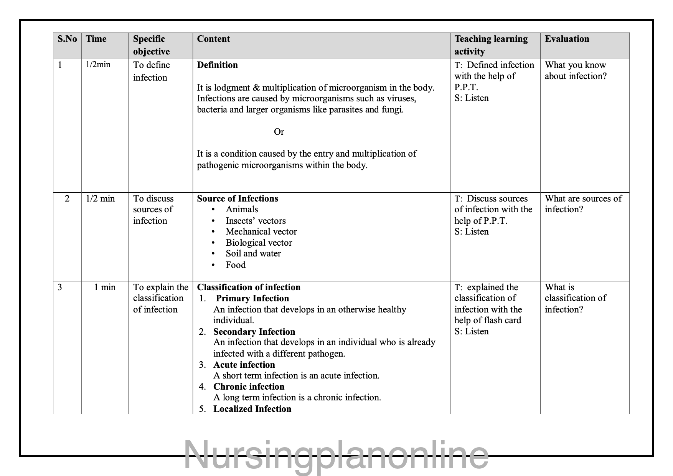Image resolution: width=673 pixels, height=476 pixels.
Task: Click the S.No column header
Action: pos(67,39)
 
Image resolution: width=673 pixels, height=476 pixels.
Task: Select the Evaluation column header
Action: pos(567,39)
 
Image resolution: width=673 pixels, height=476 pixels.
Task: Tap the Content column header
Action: pos(213,39)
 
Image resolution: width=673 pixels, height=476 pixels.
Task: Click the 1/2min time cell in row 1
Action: pos(98,64)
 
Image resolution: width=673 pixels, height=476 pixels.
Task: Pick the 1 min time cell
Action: pos(105,287)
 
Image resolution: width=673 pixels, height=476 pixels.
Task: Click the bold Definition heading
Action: pos(217,65)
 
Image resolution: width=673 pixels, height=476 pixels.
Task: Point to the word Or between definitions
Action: pos(279,132)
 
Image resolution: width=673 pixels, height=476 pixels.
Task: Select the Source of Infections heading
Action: pos(238,198)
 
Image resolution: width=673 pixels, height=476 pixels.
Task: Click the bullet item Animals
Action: pos(242,209)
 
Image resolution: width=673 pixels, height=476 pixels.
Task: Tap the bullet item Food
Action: pos(236,265)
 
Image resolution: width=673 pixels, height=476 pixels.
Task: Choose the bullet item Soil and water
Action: pos(253,253)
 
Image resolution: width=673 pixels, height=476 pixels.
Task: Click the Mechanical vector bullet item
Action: pos(261,231)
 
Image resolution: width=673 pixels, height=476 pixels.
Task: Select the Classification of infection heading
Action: pos(249,287)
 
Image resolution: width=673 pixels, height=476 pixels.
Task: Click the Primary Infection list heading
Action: pos(252,298)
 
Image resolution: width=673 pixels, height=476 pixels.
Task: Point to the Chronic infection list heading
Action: pos(249,387)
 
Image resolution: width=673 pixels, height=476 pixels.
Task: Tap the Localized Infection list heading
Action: pos(252,409)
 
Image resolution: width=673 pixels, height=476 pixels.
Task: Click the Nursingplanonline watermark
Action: pos(336,455)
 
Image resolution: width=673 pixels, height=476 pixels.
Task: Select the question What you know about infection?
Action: pos(576,71)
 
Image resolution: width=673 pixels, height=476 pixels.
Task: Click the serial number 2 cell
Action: pos(67,198)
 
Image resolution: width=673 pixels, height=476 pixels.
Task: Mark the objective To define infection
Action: pos(151,71)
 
